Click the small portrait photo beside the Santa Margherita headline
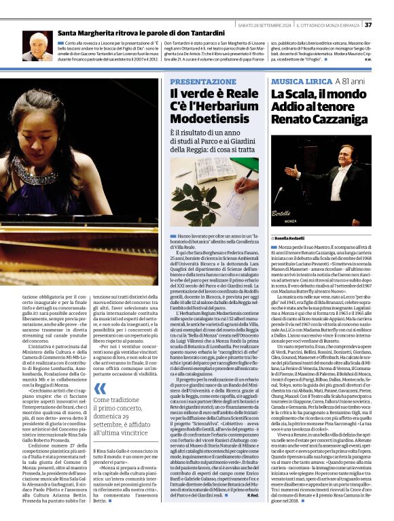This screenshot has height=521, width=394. pyautogui.click(x=38, y=46)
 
